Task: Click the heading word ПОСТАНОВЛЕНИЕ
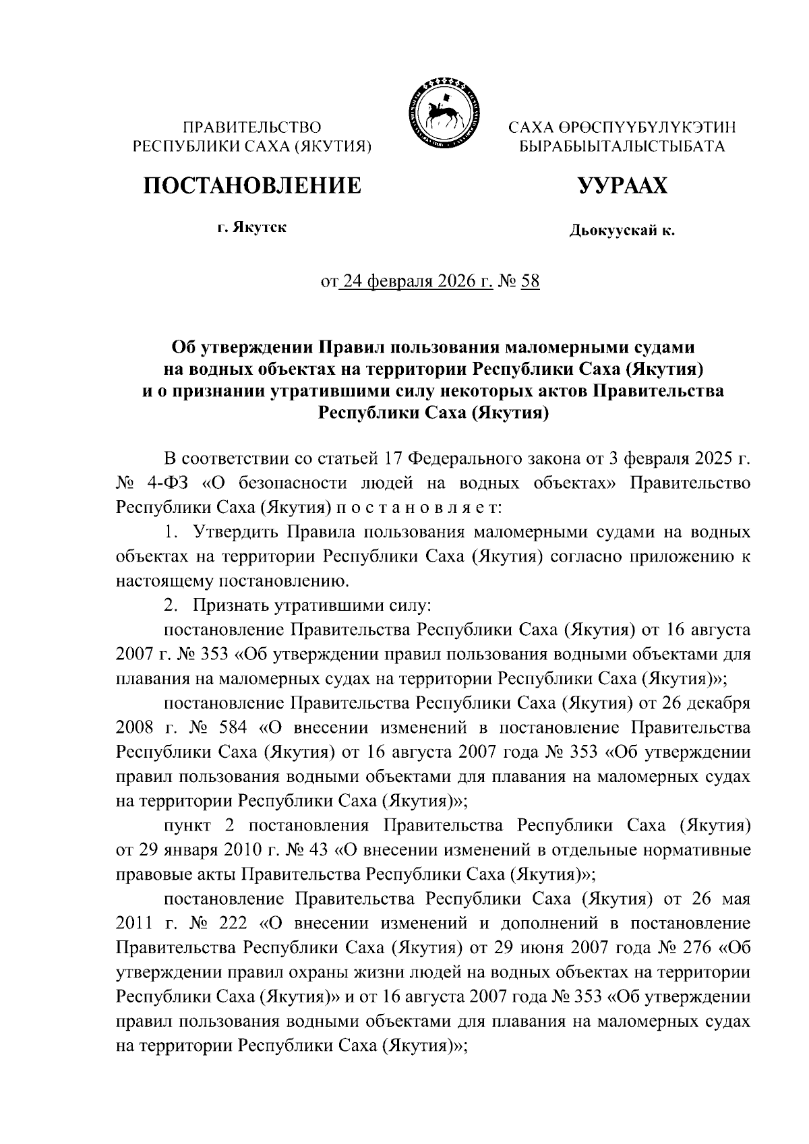pos(251,185)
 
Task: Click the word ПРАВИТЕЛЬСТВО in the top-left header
pos(253,127)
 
